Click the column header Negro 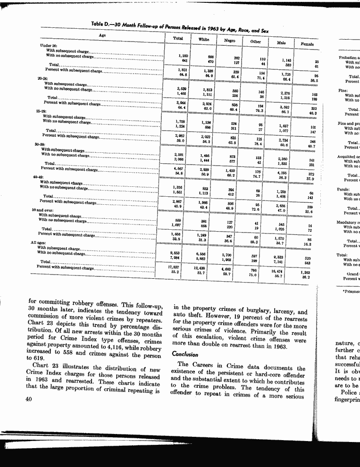click(x=229, y=41)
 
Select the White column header click(x=204, y=40)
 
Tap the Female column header click(x=307, y=43)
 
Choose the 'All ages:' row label click(x=40, y=242)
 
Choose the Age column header click(x=102, y=35)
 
